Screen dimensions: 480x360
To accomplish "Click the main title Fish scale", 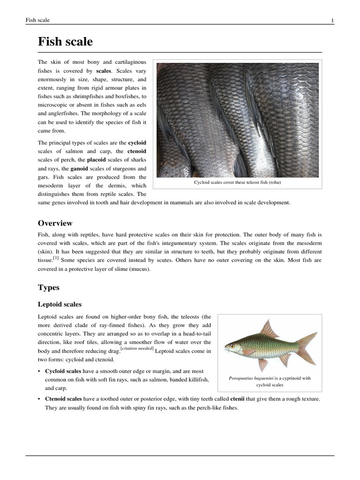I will pyautogui.click(x=65, y=42).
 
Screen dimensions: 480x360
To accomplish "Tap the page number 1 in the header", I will pyautogui.click(x=332, y=20).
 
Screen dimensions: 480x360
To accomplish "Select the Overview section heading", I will pyautogui.click(x=55, y=223).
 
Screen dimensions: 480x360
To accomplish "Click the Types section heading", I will pyautogui.click(x=48, y=287).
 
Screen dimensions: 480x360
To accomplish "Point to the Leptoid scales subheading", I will pyautogui.click(x=60, y=304).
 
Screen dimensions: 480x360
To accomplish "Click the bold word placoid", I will pyautogui.click(x=97, y=160).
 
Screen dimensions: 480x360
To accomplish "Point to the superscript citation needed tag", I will pyautogui.click(x=137, y=349).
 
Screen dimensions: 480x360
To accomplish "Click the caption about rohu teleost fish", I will pyautogui.click(x=237, y=182).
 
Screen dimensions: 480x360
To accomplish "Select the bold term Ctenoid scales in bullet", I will pyautogui.click(x=63, y=399).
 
